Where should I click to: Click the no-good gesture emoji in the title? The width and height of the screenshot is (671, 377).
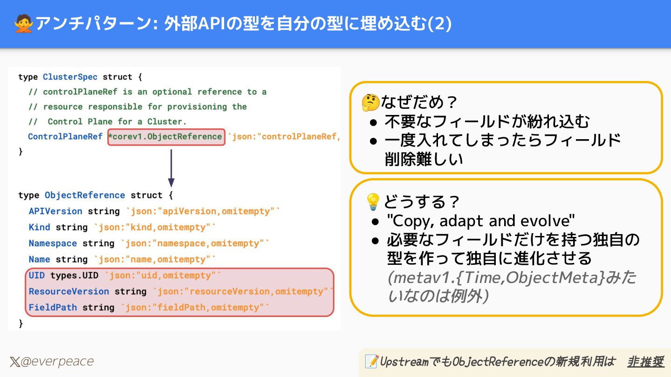[23, 24]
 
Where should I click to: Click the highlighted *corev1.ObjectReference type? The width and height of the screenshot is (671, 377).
[166, 137]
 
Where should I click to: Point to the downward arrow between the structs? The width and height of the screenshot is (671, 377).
[171, 168]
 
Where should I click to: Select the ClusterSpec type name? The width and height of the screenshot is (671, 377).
[70, 77]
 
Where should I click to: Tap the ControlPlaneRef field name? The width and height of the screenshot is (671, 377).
[65, 137]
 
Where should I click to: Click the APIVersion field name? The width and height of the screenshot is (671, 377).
[55, 211]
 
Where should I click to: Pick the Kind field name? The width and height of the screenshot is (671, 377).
[39, 227]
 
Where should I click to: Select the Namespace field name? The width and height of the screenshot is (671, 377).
[53, 243]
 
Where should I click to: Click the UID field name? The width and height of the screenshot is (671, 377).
[37, 276]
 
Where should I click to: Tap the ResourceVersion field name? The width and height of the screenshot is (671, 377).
[68, 291]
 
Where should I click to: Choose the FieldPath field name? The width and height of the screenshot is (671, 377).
[53, 308]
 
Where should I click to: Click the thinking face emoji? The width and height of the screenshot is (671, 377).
[370, 103]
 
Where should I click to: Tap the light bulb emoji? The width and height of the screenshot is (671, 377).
[373, 202]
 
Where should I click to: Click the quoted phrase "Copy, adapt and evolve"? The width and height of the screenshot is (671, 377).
[481, 220]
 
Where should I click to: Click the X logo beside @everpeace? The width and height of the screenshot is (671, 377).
[14, 362]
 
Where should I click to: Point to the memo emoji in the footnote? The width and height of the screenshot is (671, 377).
[371, 361]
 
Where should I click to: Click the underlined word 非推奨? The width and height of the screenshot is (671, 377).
[645, 361]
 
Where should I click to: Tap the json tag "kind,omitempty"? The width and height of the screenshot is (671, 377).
[155, 227]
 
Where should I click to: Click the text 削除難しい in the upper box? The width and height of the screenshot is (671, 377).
[424, 159]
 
